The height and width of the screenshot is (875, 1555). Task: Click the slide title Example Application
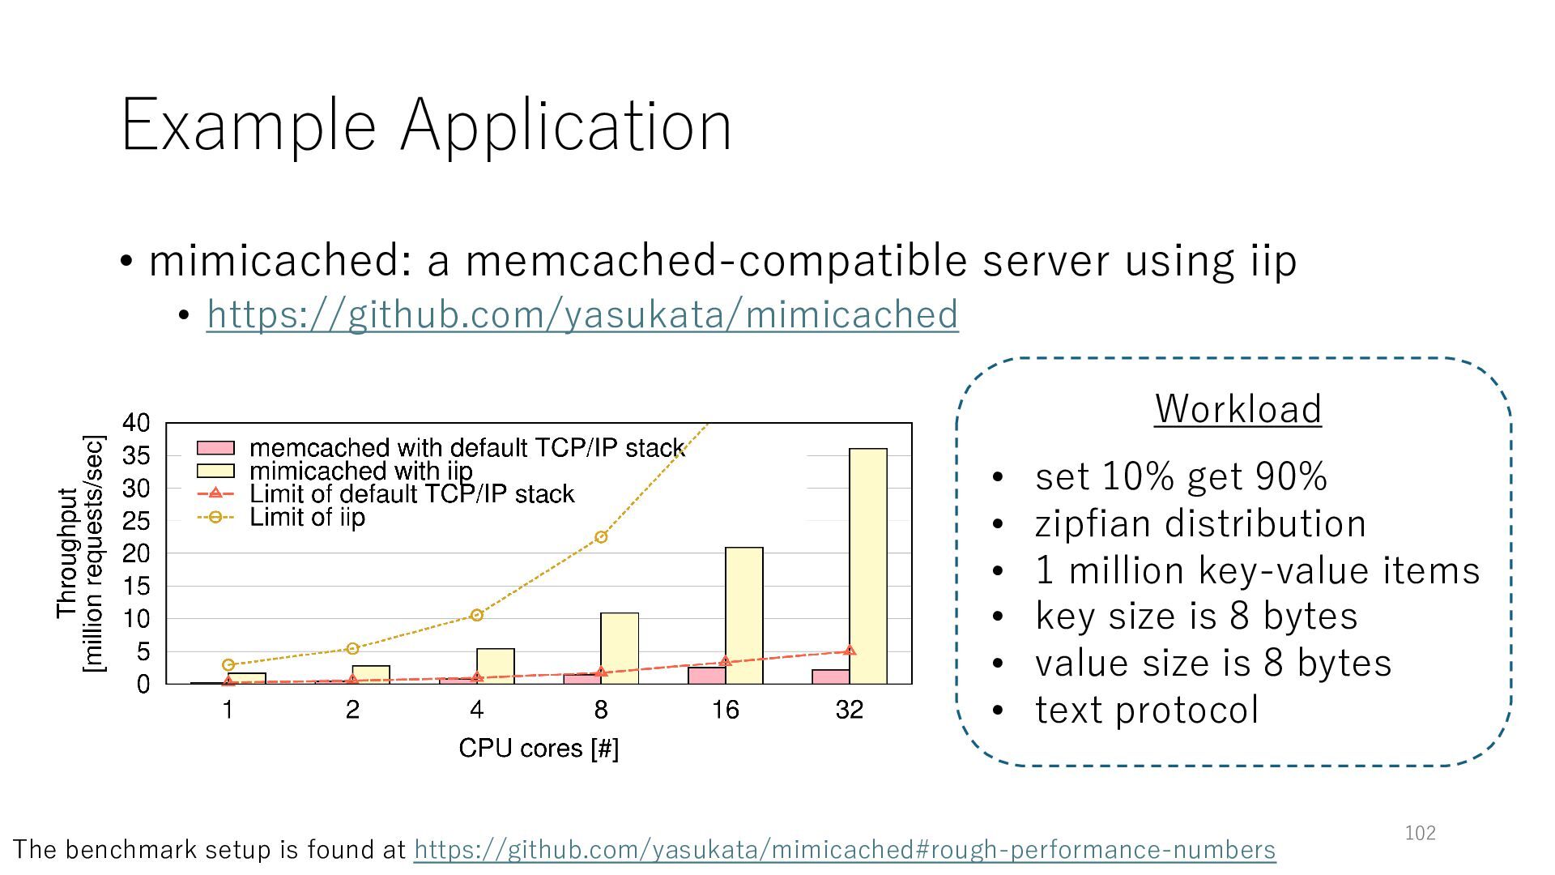pyautogui.click(x=426, y=125)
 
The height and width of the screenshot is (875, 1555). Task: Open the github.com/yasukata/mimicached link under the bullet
pyautogui.click(x=582, y=314)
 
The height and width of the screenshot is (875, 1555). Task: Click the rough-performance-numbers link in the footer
pyautogui.click(x=844, y=849)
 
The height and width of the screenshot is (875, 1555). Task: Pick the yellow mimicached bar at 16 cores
pyautogui.click(x=743, y=616)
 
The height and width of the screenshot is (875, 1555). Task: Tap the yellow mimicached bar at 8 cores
pyautogui.click(x=620, y=648)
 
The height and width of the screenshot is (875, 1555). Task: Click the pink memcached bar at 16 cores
pyautogui.click(x=706, y=675)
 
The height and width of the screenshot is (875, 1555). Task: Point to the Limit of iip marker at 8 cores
pyautogui.click(x=601, y=537)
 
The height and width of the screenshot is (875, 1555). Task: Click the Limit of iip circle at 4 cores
pyautogui.click(x=476, y=615)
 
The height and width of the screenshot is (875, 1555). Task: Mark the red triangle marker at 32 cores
pyautogui.click(x=849, y=651)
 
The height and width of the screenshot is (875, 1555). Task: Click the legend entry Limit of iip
pyautogui.click(x=306, y=517)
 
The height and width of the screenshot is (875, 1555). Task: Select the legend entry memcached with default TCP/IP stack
pyautogui.click(x=466, y=447)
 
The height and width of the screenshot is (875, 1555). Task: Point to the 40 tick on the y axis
pyautogui.click(x=136, y=423)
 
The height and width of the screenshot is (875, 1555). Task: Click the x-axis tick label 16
pyautogui.click(x=725, y=711)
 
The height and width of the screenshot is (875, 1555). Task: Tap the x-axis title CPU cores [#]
pyautogui.click(x=539, y=748)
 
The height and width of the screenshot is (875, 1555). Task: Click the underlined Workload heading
pyautogui.click(x=1238, y=408)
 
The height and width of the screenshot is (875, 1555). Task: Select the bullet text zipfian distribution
pyautogui.click(x=1200, y=523)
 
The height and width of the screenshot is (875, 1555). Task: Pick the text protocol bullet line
pyautogui.click(x=1146, y=711)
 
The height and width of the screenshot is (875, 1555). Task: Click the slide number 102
pyautogui.click(x=1420, y=833)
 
